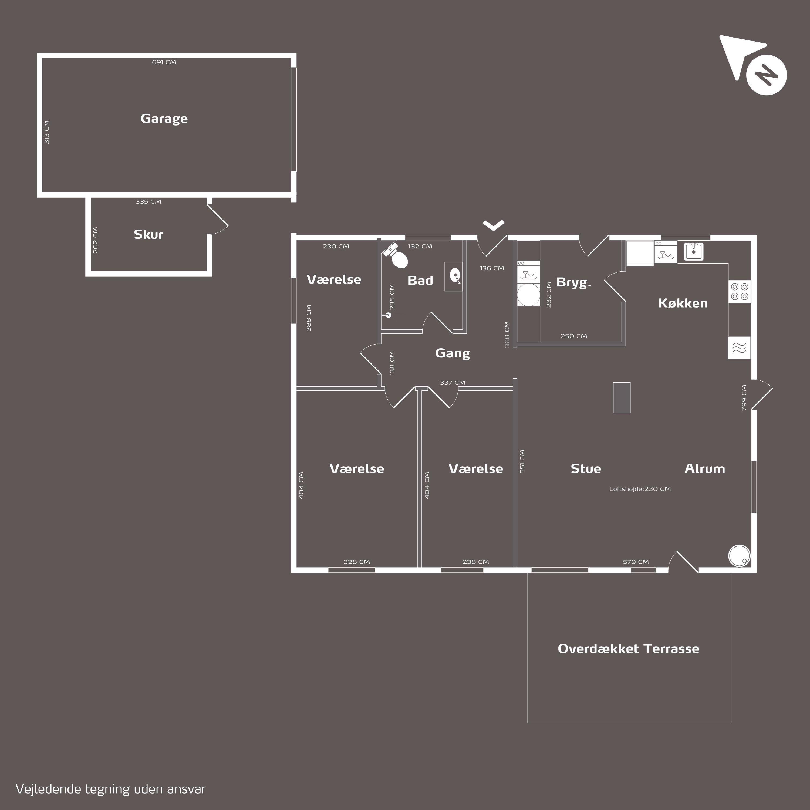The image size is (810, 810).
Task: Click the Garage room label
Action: pyautogui.click(x=164, y=119)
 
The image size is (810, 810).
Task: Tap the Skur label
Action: pyautogui.click(x=148, y=234)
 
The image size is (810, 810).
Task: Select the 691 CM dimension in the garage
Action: pyautogui.click(x=164, y=62)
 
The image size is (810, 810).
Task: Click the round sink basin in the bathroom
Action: pyautogui.click(x=455, y=275)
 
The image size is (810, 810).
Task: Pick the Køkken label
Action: pyautogui.click(x=683, y=303)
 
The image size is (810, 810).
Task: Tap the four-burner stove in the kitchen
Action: pyautogui.click(x=740, y=291)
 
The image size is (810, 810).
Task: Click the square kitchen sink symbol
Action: pyautogui.click(x=694, y=252)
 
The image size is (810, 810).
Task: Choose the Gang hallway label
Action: pyautogui.click(x=453, y=353)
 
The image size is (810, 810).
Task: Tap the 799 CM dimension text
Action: pyautogui.click(x=744, y=397)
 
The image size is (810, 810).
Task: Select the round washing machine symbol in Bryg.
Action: pyautogui.click(x=528, y=295)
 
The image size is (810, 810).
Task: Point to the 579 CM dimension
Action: pyautogui.click(x=636, y=562)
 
